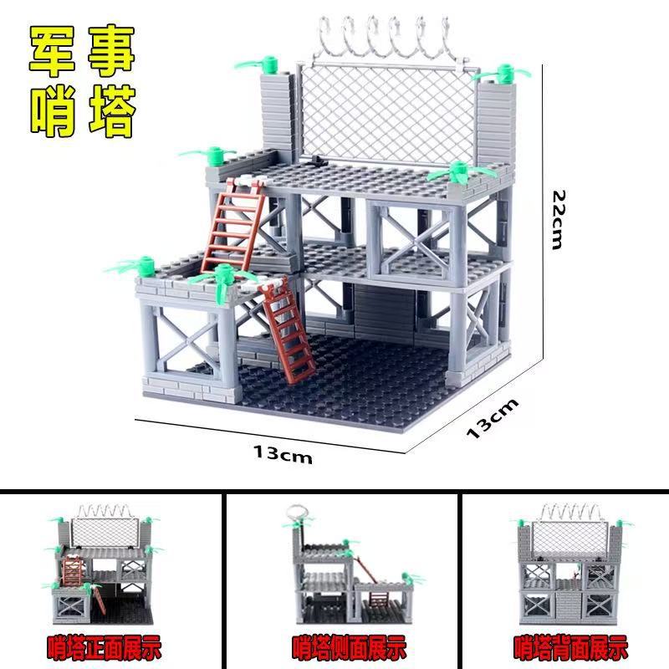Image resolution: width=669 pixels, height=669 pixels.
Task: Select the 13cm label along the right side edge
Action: pos(492,419)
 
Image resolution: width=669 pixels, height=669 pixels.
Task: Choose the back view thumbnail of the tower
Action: pos(570,569)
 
